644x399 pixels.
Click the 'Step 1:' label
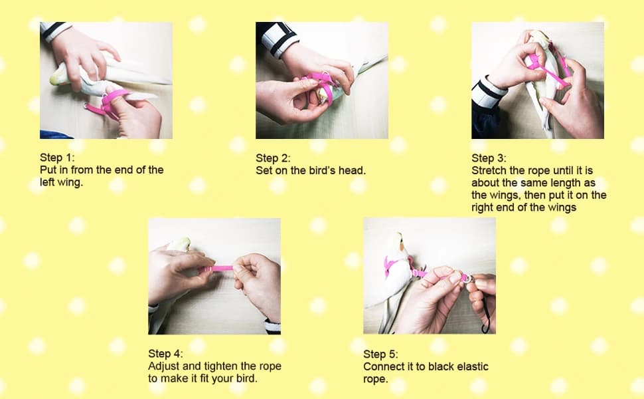click(57, 158)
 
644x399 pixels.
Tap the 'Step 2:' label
click(273, 158)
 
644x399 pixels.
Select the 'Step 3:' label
click(489, 158)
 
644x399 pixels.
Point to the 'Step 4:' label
click(165, 354)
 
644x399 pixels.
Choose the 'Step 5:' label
click(380, 354)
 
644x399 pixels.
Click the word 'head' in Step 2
click(352, 170)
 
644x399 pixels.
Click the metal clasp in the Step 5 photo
click(468, 279)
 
